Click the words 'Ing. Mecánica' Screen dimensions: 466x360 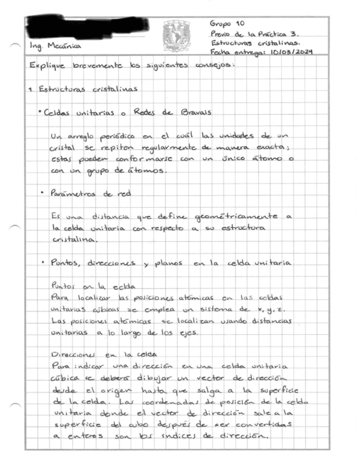click(56, 46)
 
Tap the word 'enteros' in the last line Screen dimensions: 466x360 click(81, 437)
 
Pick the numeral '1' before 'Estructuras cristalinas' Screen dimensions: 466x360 click(32, 90)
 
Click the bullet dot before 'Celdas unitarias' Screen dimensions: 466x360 click(41, 112)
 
